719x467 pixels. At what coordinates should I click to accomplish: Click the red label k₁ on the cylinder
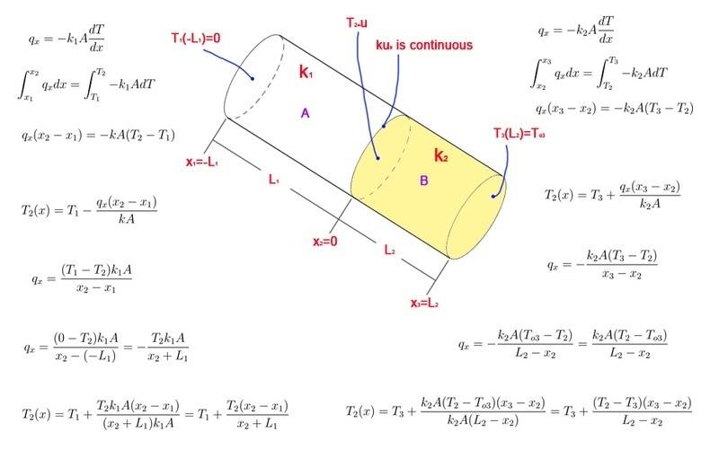pyautogui.click(x=306, y=72)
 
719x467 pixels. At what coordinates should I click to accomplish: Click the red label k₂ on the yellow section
pyautogui.click(x=440, y=155)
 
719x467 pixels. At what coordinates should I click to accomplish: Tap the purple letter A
pyautogui.click(x=306, y=113)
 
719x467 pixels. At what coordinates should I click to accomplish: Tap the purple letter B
pyautogui.click(x=424, y=181)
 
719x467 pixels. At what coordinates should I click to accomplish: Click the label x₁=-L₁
pyautogui.click(x=206, y=163)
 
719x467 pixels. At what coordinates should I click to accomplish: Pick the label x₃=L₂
pyautogui.click(x=424, y=303)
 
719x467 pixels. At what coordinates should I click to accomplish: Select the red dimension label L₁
pyautogui.click(x=274, y=181)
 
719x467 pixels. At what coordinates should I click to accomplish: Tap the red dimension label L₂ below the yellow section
pyautogui.click(x=389, y=251)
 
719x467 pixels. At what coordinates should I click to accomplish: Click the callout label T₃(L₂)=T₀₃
pyautogui.click(x=519, y=134)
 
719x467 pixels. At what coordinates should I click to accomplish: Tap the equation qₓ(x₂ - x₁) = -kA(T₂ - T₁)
pyautogui.click(x=97, y=135)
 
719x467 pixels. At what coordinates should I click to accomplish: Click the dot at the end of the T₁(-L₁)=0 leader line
pyautogui.click(x=253, y=79)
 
